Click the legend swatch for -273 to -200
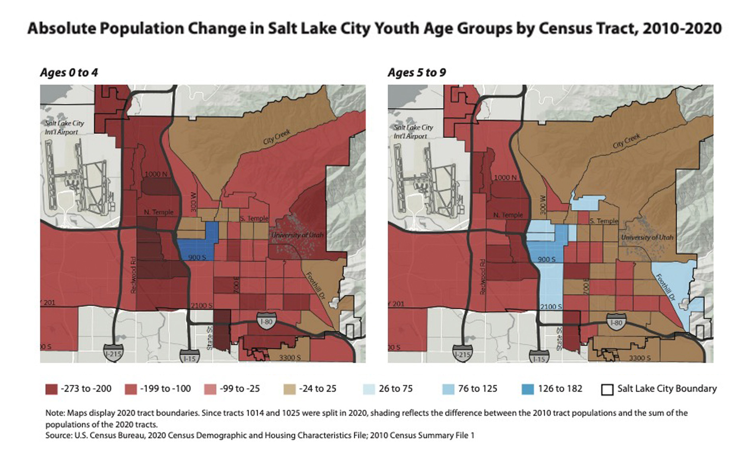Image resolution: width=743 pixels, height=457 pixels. pos(51,389)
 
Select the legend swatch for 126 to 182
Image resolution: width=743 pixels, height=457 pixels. pos(528,389)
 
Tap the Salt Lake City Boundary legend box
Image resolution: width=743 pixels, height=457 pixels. pos(607,389)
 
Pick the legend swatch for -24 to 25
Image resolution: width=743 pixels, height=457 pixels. pos(289,389)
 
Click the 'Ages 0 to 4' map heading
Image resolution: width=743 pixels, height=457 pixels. pos(69,73)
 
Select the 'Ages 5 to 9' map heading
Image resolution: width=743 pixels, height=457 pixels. pos(417,73)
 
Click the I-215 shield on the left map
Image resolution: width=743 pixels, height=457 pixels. pos(113,354)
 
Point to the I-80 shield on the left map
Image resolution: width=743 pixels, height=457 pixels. pos(266,320)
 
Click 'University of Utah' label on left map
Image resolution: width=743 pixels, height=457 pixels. pos(297,235)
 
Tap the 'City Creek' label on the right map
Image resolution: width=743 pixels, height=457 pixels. pos(626,141)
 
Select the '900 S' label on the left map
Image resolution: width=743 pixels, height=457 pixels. pos(197,258)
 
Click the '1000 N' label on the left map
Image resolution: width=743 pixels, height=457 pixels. pos(156,174)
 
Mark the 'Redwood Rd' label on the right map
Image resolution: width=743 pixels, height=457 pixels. pos(483,277)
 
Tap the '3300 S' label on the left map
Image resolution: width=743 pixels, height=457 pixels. pos(289,357)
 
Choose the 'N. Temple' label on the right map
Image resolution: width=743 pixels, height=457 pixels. pos(508,215)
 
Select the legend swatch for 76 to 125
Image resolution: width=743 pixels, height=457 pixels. pos(448,389)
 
